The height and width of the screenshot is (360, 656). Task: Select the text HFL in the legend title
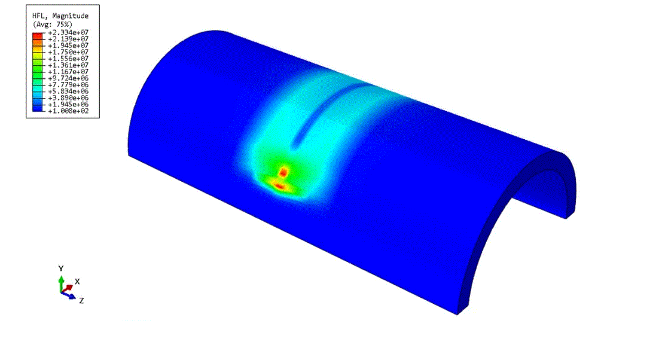[x=39, y=16]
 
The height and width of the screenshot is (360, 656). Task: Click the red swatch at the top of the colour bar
[x=37, y=35]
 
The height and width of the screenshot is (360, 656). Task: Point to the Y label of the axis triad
[x=60, y=268]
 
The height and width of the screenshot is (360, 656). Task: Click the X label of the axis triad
[x=77, y=281]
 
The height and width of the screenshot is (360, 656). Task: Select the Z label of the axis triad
[x=81, y=300]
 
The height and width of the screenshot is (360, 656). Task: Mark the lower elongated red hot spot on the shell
[x=279, y=186]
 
